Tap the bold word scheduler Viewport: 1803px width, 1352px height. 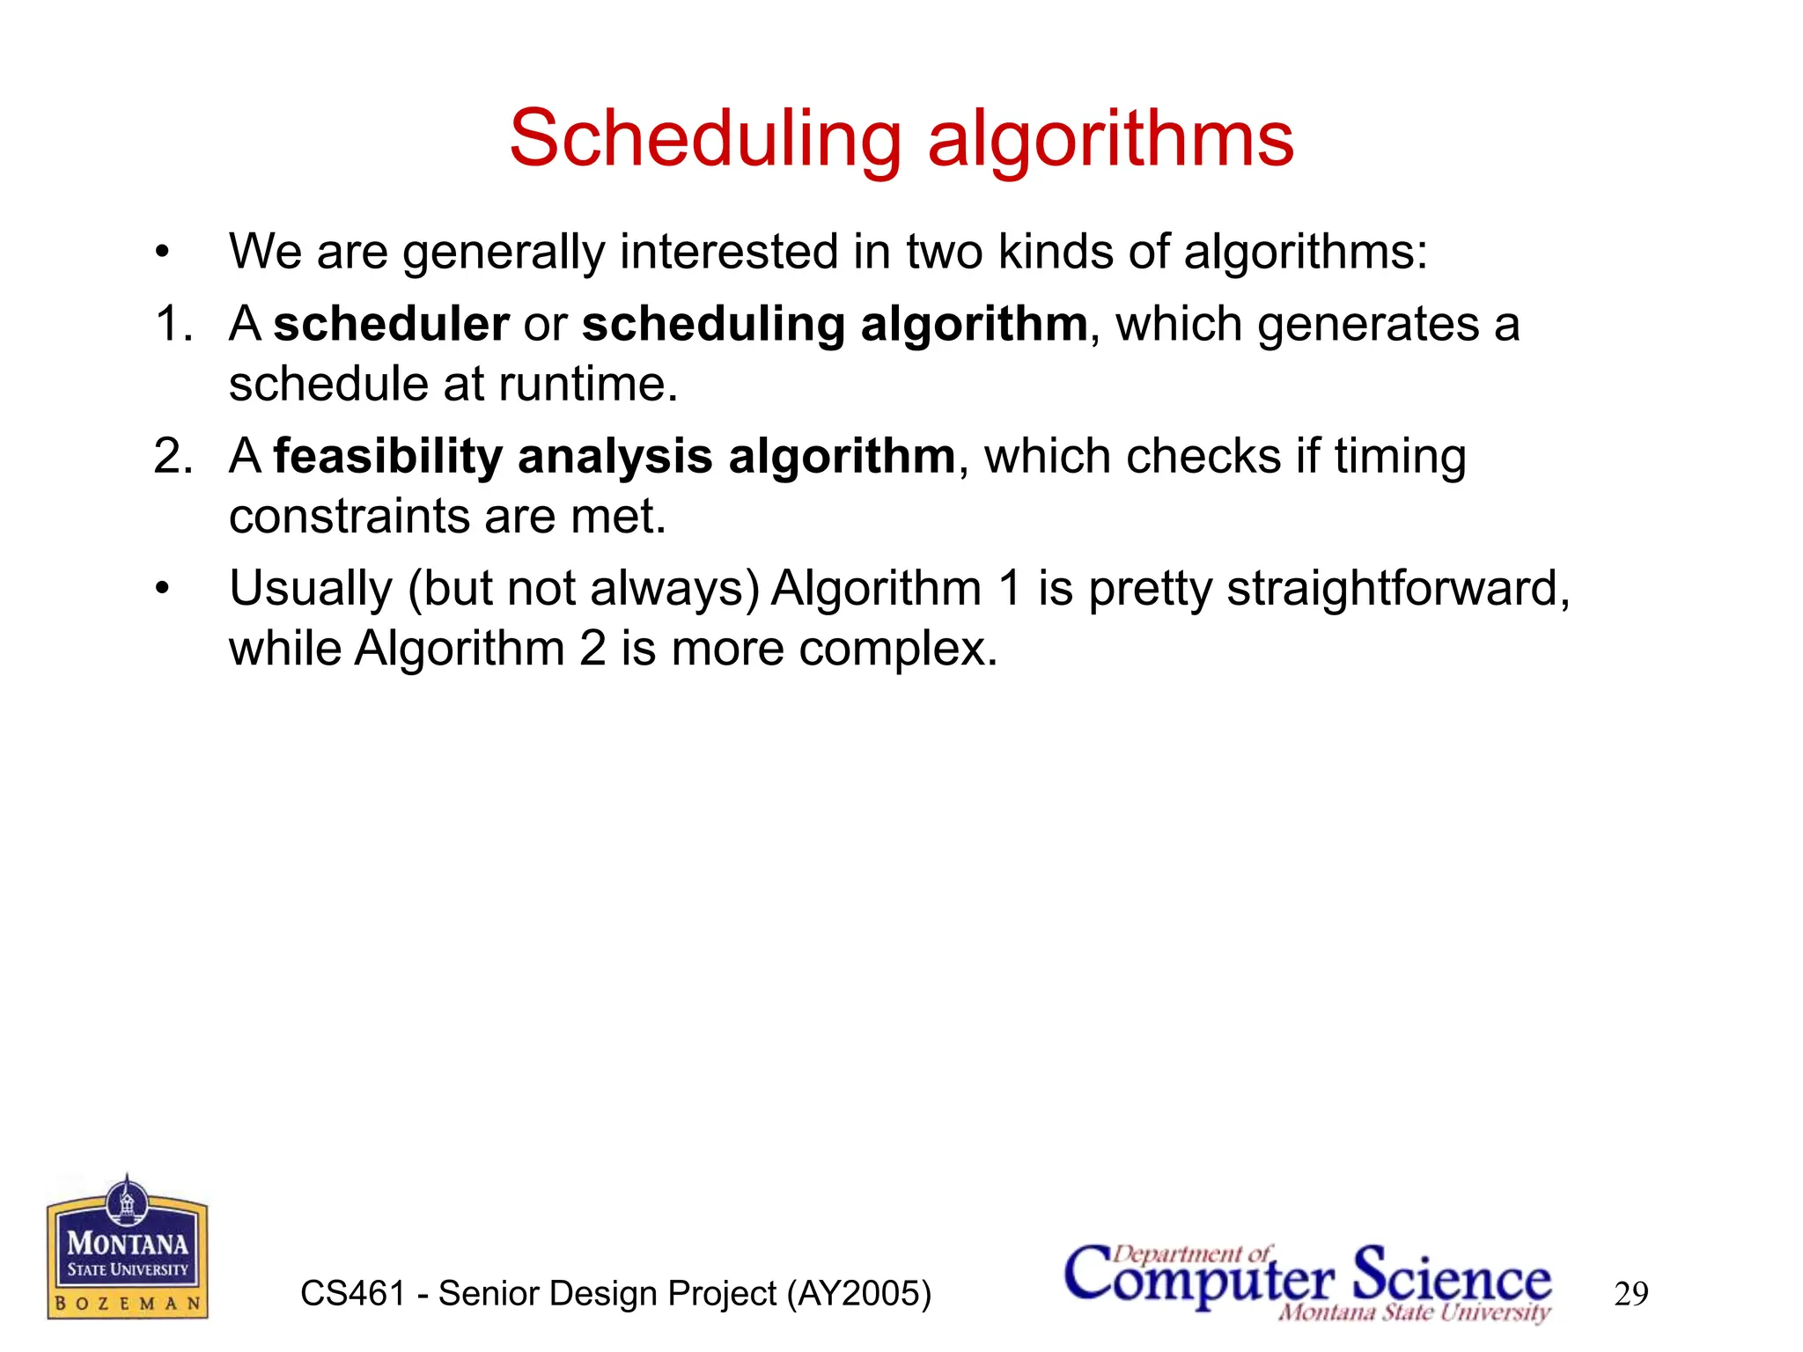coord(391,324)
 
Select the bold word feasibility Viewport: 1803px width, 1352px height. coord(387,456)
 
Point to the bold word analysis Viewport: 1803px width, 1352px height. coord(614,456)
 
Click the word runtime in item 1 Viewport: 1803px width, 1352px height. coord(587,385)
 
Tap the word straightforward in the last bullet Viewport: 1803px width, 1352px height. coord(1397,588)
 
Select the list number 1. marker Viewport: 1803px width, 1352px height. coord(173,324)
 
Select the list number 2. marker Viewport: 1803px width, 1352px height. coord(173,456)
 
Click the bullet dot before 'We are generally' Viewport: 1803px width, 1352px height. coord(161,253)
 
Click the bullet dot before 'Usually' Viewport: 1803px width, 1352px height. coord(161,589)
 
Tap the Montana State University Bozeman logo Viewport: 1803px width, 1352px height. coord(128,1248)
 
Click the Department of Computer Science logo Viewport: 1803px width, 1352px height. coord(1308,1282)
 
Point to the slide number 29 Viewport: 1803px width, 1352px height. coord(1630,1294)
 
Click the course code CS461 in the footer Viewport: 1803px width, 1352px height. coord(352,1294)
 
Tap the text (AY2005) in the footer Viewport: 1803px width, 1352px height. coord(859,1294)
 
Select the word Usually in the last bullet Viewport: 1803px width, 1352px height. coord(310,589)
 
